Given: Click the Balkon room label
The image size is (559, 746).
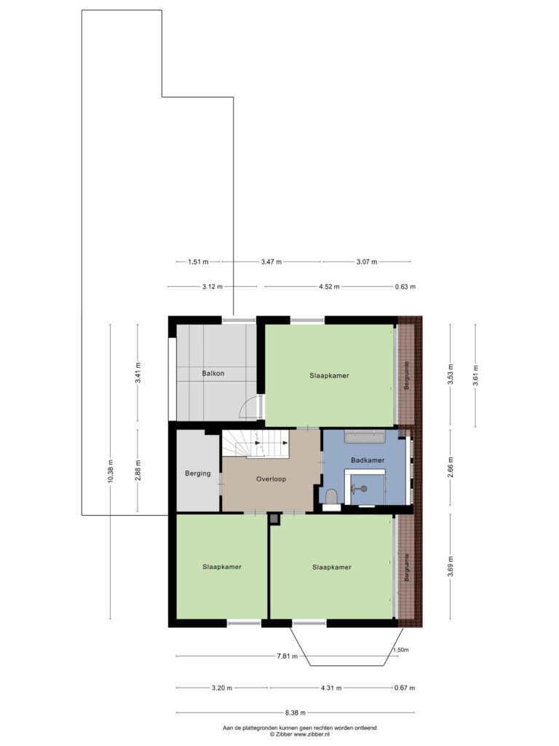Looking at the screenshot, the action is [x=213, y=374].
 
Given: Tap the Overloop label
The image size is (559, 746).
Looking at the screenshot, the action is [x=271, y=479].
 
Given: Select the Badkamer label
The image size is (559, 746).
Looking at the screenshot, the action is [x=368, y=460].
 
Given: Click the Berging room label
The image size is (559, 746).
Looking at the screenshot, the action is [x=198, y=474].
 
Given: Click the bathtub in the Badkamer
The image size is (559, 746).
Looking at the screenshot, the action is [x=365, y=436].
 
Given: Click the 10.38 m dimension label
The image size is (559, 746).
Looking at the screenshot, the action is [x=111, y=471].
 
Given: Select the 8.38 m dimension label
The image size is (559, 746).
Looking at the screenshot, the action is [x=296, y=712].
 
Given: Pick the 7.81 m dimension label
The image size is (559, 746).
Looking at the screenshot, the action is [x=287, y=656].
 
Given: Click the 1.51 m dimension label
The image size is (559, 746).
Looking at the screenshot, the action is [x=198, y=262].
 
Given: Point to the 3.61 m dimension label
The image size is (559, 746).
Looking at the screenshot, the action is [x=475, y=375].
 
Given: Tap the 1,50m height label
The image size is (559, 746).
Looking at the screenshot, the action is [x=400, y=650].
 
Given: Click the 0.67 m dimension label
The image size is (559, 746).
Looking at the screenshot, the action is [x=405, y=688].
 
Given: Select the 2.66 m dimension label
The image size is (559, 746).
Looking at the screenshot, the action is [x=451, y=467].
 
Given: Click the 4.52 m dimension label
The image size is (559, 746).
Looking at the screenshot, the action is [x=329, y=286].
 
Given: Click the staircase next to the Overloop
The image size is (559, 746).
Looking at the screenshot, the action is [x=255, y=444].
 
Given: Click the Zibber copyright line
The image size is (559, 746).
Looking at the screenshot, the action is [x=299, y=734].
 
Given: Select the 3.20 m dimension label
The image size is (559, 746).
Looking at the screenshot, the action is [x=222, y=688].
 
